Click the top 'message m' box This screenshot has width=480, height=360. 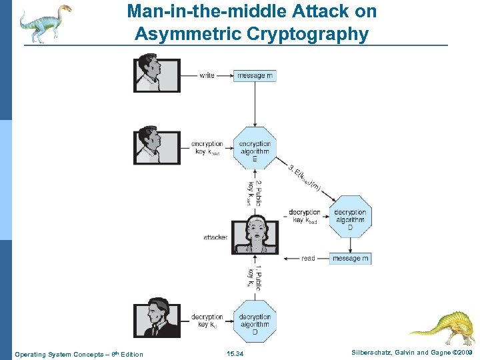(x=256, y=75)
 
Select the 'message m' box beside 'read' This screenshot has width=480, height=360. (x=350, y=258)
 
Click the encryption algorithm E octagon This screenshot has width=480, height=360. (x=255, y=148)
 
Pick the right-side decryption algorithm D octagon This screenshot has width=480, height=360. (x=350, y=217)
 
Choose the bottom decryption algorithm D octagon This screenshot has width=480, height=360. (x=255, y=321)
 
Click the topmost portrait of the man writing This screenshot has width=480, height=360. (x=157, y=72)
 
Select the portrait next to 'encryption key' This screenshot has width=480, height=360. (x=157, y=145)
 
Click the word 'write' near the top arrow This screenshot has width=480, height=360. (x=207, y=75)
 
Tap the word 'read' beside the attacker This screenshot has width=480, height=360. (x=308, y=258)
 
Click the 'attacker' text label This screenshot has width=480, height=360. (x=215, y=237)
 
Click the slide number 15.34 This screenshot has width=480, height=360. (x=235, y=353)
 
